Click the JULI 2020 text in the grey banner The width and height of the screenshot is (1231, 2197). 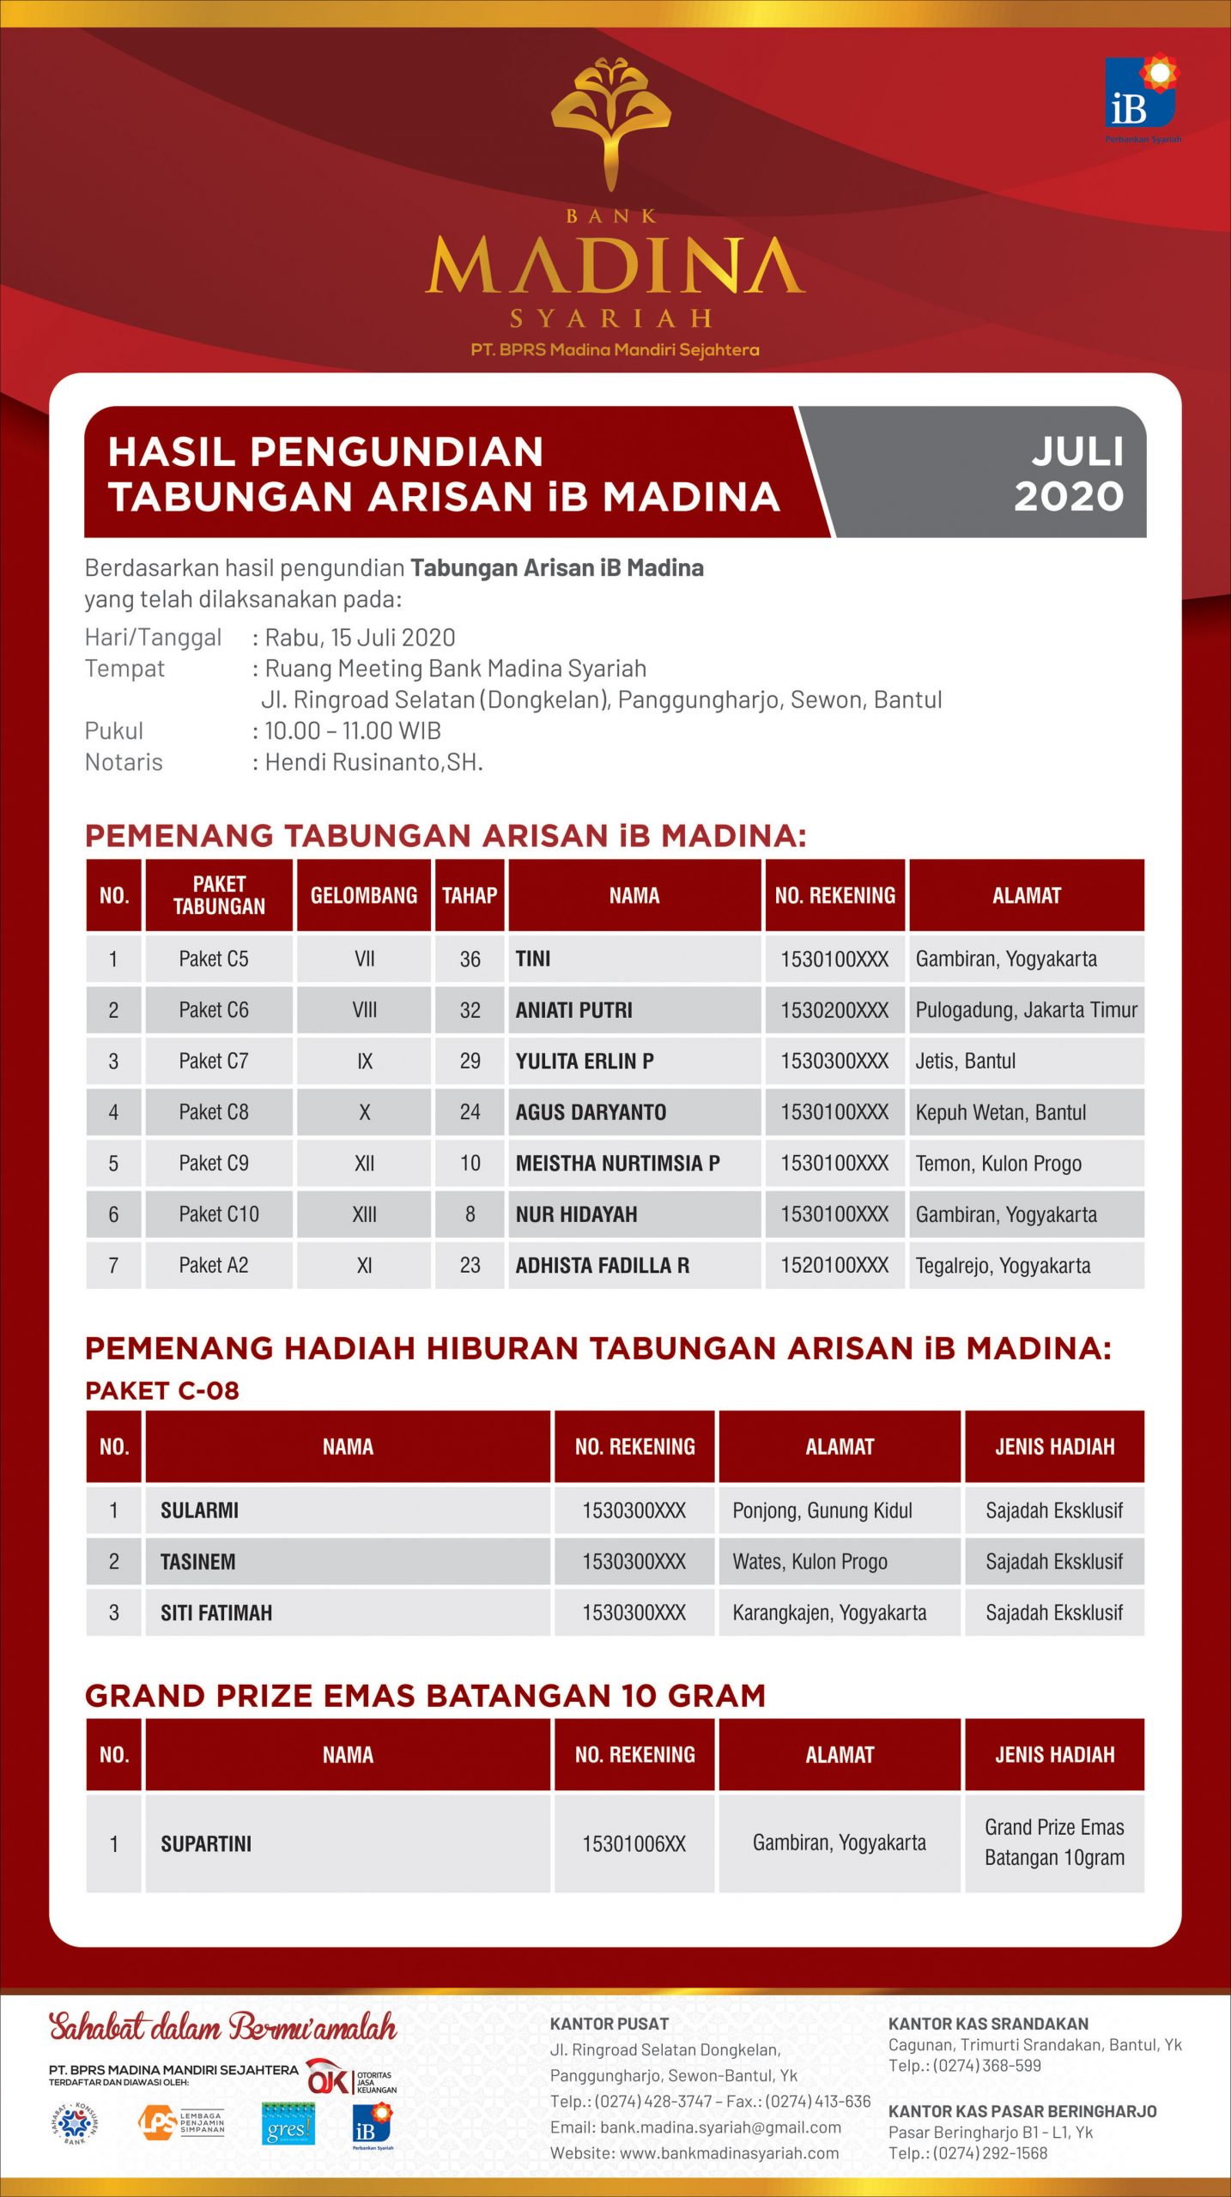[x=1069, y=474]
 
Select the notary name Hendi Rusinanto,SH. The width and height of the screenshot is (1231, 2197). [x=373, y=762]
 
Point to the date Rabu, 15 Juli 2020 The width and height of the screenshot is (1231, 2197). [x=360, y=638]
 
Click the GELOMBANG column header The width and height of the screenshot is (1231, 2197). [x=364, y=895]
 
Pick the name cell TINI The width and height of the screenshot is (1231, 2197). [x=533, y=959]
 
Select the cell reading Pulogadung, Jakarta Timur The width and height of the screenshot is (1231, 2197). [x=1026, y=1010]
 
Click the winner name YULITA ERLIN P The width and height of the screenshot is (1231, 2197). [x=585, y=1061]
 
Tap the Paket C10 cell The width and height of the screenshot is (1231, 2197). [x=219, y=1214]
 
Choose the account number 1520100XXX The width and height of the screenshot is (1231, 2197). [x=834, y=1265]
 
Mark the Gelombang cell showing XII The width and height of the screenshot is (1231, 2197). [x=364, y=1163]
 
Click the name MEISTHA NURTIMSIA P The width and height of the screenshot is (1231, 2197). [x=617, y=1163]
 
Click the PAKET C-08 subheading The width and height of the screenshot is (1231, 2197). [x=162, y=1390]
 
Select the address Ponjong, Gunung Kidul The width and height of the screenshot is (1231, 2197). [x=822, y=1510]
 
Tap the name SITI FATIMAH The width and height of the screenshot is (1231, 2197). [x=216, y=1613]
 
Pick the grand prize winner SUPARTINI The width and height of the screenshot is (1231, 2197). [x=206, y=1843]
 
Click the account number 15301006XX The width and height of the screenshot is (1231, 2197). [x=634, y=1843]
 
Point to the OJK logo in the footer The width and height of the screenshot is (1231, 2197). [x=328, y=2078]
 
